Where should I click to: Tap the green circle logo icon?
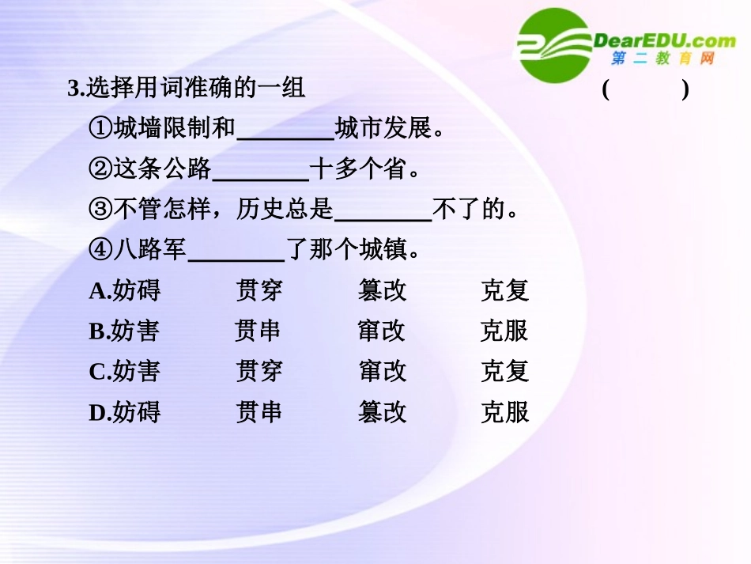(x=556, y=45)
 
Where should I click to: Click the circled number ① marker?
(x=100, y=128)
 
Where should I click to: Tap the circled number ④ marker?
(x=100, y=251)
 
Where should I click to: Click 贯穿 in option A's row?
(x=259, y=291)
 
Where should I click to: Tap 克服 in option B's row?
(x=504, y=331)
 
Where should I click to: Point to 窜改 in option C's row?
(x=382, y=372)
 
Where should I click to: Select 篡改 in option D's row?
(x=382, y=412)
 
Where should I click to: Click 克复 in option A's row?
(x=504, y=291)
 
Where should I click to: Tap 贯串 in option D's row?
(x=259, y=412)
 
